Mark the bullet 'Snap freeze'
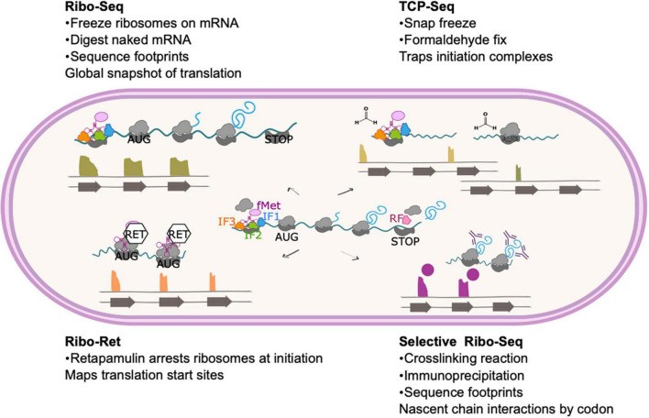pyautogui.click(x=437, y=27)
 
